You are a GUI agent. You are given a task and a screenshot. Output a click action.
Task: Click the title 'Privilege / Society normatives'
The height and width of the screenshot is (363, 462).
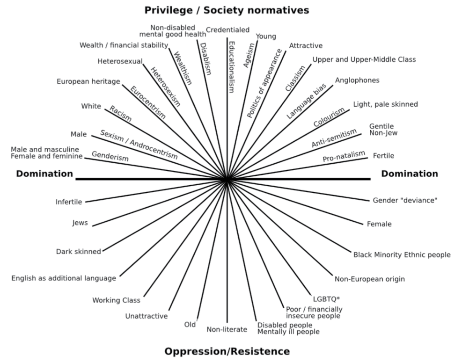[227, 10]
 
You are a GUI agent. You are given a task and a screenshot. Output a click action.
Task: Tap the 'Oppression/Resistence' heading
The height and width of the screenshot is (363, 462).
[227, 351]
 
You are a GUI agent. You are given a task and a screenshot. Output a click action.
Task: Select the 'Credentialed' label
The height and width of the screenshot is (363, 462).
[227, 30]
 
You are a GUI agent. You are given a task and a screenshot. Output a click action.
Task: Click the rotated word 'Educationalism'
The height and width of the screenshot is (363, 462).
[231, 67]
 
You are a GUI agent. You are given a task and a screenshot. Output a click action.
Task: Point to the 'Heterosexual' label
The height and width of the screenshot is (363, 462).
[120, 61]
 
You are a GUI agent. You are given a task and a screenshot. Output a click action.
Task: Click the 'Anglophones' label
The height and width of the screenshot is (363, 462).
[357, 80]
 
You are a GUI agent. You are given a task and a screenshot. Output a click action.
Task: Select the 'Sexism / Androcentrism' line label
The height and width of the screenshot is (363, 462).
[139, 144]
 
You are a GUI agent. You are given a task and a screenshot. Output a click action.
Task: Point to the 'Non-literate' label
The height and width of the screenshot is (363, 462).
[227, 329]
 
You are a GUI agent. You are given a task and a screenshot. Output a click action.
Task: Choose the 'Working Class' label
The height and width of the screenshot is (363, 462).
[116, 300]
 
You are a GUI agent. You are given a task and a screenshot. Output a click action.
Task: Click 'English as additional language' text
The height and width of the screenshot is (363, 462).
[64, 278]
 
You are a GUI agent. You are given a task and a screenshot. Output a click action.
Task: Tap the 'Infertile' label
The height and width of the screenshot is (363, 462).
[69, 202]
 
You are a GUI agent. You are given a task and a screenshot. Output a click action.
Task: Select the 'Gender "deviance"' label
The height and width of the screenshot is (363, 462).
[405, 200]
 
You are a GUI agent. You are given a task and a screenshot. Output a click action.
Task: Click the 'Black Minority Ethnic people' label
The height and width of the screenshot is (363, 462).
[402, 255]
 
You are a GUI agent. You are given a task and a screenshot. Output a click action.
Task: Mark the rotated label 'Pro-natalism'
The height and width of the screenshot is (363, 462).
[344, 156]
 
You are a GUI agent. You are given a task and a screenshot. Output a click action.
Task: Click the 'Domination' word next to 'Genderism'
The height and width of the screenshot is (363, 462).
[44, 174]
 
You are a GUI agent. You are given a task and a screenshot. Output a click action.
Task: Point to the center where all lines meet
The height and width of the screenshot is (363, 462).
[227, 179]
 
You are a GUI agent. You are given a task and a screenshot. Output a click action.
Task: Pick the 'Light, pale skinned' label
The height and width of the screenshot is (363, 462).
[386, 104]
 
